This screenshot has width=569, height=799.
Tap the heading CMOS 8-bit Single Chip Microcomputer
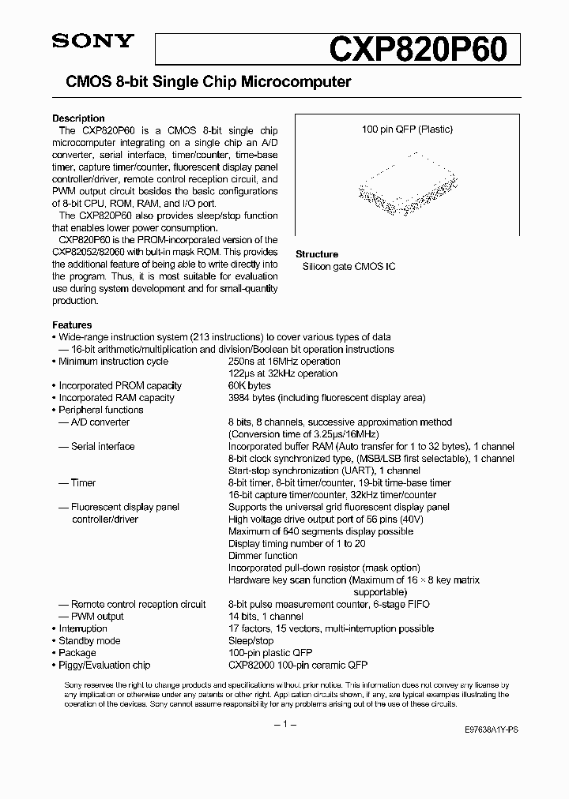202,82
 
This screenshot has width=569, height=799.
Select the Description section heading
78,118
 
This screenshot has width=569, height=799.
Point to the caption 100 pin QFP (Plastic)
407,129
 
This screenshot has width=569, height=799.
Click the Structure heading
317,254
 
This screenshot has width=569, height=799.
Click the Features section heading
72,324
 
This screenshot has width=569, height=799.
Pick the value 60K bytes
250,386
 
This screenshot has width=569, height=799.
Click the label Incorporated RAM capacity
116,398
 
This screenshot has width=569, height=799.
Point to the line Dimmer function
263,556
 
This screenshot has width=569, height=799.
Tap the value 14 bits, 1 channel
266,617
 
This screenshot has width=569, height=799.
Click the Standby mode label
89,641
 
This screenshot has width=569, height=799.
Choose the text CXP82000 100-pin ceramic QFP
298,666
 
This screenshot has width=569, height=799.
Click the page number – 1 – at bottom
284,724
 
